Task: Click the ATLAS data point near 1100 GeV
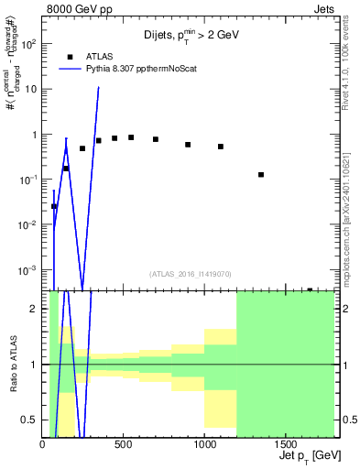[x=221, y=147]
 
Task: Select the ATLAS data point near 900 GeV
[x=188, y=145]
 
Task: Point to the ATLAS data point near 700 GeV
[x=156, y=139]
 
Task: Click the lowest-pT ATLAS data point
[x=54, y=206]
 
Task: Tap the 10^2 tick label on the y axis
[x=28, y=43]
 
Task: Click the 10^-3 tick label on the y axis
[x=28, y=270]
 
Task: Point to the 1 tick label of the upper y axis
[x=34, y=135]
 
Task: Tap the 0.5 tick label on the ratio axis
[x=30, y=420]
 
